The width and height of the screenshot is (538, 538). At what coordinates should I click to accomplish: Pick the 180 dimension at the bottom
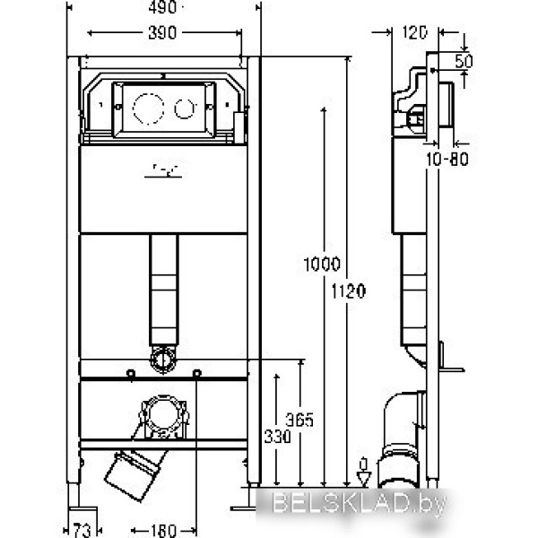pyautogui.click(x=165, y=529)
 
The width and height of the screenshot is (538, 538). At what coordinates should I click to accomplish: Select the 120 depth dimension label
pyautogui.click(x=413, y=32)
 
